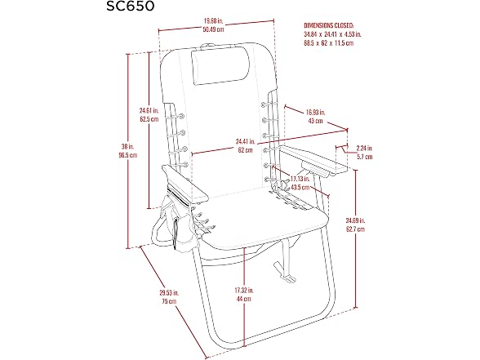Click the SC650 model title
click(x=131, y=7)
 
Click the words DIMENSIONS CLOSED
click(x=329, y=25)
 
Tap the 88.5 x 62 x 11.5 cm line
click(x=329, y=42)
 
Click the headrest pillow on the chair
click(x=220, y=66)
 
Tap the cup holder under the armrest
click(x=316, y=169)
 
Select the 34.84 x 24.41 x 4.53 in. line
click(x=332, y=34)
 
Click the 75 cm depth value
click(x=169, y=301)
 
